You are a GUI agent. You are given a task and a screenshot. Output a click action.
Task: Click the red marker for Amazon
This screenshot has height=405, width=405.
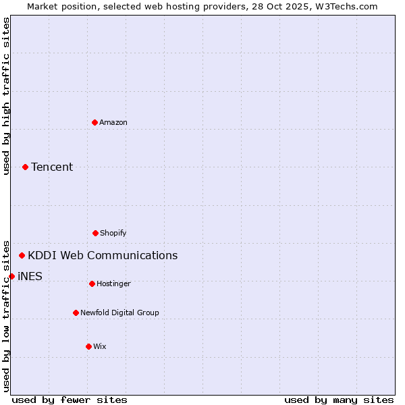[94, 122]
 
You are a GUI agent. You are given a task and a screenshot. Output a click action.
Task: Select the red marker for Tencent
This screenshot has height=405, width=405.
[25, 167]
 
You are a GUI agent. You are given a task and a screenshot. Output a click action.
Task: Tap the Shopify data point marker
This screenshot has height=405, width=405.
[95, 233]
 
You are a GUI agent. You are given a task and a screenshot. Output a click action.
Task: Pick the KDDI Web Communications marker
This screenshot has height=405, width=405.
[22, 255]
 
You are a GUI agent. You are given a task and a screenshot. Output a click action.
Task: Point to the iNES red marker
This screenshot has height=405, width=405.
[11, 276]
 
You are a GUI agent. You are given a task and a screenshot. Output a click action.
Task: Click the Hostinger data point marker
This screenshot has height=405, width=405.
[92, 283]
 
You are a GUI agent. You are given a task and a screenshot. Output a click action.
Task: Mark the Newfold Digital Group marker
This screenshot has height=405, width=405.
[76, 313]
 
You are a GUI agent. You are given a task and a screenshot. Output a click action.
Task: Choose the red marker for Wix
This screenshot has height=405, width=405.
[88, 346]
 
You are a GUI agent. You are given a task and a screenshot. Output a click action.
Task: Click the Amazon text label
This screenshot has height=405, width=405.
[113, 122]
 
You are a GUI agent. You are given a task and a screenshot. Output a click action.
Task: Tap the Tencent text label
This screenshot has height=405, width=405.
[52, 167]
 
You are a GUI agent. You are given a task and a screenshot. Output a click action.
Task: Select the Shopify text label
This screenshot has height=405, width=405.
[113, 233]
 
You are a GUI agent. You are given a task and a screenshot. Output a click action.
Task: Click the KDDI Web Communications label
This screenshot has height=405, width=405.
[103, 255]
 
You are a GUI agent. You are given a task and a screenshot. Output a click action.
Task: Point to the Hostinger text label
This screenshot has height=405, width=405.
[113, 283]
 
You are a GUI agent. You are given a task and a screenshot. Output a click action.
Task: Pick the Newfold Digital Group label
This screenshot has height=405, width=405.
[119, 313]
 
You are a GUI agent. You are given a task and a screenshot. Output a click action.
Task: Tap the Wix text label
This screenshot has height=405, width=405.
[100, 346]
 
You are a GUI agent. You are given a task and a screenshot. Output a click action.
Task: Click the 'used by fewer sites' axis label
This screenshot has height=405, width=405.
[70, 400]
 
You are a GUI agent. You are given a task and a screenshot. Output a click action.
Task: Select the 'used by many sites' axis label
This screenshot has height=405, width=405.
[339, 400]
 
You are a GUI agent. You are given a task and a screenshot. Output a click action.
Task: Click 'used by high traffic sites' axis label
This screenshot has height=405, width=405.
[6, 96]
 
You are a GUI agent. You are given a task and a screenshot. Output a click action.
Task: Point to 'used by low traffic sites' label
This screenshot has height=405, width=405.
[6, 315]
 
